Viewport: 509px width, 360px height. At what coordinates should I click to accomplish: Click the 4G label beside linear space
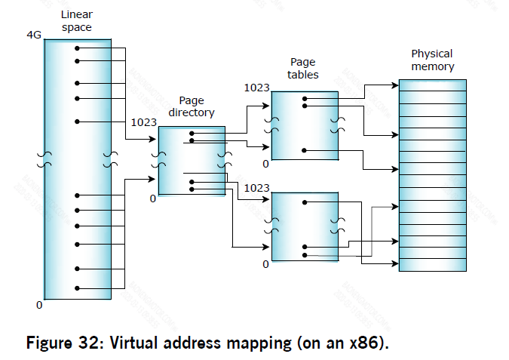(34, 35)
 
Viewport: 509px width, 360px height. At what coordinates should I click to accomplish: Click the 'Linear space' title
(76, 21)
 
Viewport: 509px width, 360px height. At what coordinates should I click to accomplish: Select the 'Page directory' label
(196, 106)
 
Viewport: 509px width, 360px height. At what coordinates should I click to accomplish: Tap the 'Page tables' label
(303, 68)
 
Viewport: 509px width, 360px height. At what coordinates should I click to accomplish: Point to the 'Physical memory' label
(432, 60)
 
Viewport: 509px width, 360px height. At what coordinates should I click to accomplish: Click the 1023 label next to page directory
(143, 122)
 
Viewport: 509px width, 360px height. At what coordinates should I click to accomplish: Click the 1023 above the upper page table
(257, 88)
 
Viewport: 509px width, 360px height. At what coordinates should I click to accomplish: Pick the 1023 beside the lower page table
(257, 187)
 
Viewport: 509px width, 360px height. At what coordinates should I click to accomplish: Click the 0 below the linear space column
(39, 306)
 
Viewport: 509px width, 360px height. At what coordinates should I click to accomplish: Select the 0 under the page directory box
(152, 198)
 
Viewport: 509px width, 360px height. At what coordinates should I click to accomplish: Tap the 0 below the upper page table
(265, 164)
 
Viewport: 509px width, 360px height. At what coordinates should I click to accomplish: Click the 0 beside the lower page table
(265, 264)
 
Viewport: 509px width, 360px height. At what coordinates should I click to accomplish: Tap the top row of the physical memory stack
(432, 85)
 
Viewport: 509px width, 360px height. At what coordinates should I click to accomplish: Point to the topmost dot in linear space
(77, 48)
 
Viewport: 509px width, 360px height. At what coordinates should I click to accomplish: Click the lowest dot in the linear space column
(77, 287)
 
